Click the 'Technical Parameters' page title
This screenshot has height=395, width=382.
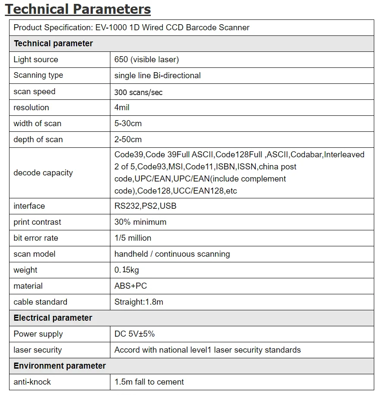(x=78, y=9)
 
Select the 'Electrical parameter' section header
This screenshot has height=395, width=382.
(x=53, y=318)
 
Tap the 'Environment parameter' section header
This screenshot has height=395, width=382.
(x=59, y=366)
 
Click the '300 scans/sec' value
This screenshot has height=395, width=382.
(x=138, y=92)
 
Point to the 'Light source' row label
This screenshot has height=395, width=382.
(x=36, y=60)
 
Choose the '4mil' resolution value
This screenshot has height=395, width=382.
(x=122, y=108)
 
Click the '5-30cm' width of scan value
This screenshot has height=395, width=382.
(x=128, y=124)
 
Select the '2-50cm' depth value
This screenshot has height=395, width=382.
(x=128, y=140)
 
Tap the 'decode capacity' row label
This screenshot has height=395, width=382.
(x=43, y=173)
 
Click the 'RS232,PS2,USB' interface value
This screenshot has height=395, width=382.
(x=145, y=206)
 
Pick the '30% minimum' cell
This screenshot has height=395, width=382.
(x=140, y=222)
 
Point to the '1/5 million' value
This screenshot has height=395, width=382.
(x=133, y=238)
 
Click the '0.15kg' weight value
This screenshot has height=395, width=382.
(x=127, y=270)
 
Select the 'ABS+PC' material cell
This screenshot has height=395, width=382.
(x=131, y=286)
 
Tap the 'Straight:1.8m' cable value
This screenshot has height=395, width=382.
(x=139, y=302)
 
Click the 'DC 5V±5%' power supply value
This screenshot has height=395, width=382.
(x=135, y=334)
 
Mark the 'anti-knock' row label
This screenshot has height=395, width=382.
(x=32, y=382)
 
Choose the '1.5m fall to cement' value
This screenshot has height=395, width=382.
(x=149, y=382)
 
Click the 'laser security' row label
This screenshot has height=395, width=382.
(x=38, y=350)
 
